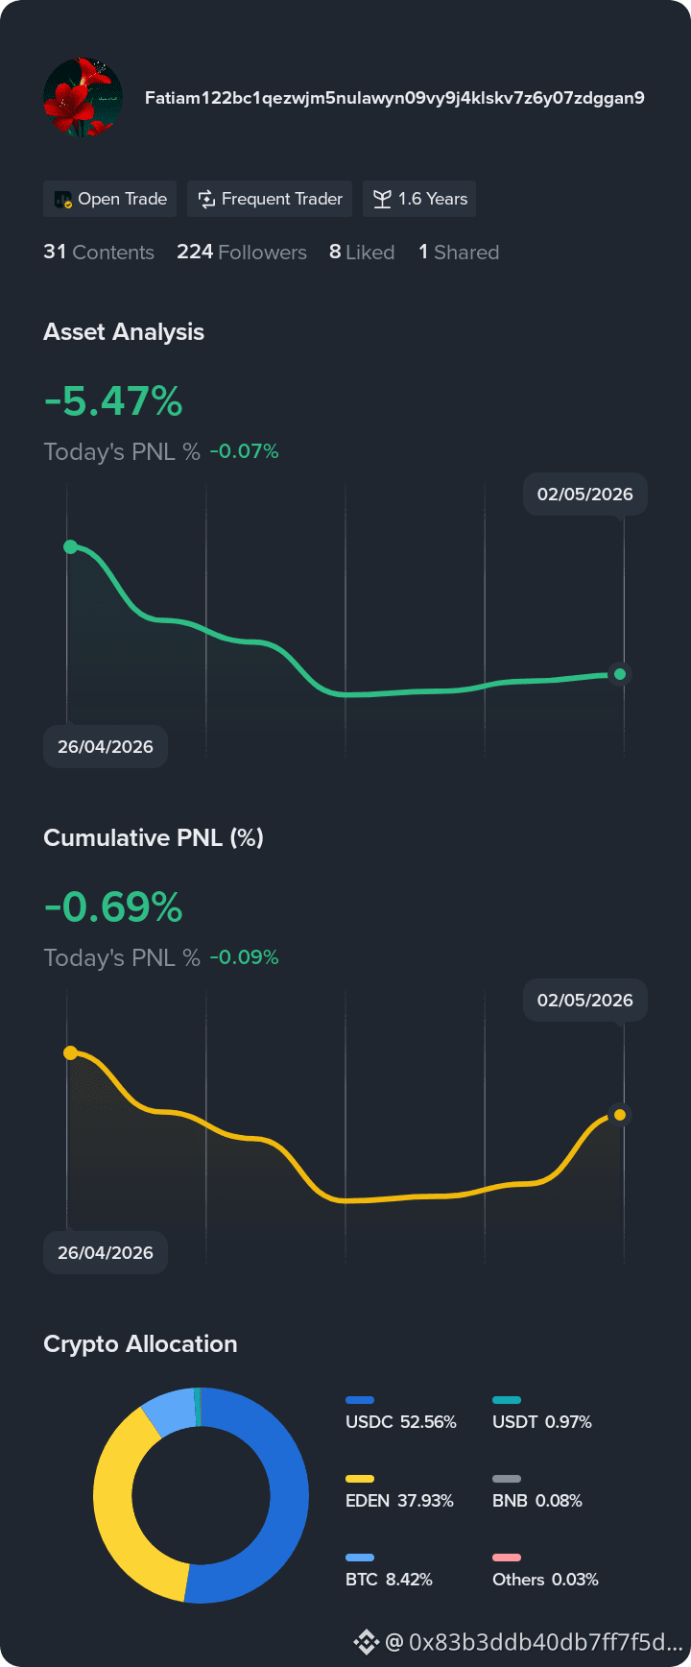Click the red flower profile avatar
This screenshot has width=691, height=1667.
[x=83, y=97]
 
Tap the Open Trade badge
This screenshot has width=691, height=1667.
[x=110, y=199]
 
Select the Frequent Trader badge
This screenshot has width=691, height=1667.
[x=270, y=199]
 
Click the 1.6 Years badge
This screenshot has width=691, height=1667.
[x=419, y=199]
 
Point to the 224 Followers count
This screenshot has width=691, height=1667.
[x=242, y=253]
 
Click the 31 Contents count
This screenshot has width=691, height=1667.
[x=99, y=253]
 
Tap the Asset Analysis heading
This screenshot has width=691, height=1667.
[x=124, y=332]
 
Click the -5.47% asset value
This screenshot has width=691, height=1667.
[x=113, y=401]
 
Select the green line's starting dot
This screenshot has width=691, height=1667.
[x=70, y=546]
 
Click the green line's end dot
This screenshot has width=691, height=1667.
[x=620, y=674]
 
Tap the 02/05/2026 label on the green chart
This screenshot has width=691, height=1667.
[x=585, y=495]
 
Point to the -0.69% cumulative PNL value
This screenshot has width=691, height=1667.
[x=113, y=907]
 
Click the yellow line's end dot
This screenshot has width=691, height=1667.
[x=620, y=1115]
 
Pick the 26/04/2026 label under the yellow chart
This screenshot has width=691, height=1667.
[x=106, y=1252]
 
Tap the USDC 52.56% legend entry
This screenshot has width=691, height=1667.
[x=401, y=1413]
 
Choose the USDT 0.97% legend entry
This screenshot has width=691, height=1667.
[x=542, y=1413]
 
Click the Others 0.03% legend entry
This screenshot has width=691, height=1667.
[x=545, y=1571]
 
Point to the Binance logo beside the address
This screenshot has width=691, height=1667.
[x=366, y=1642]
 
